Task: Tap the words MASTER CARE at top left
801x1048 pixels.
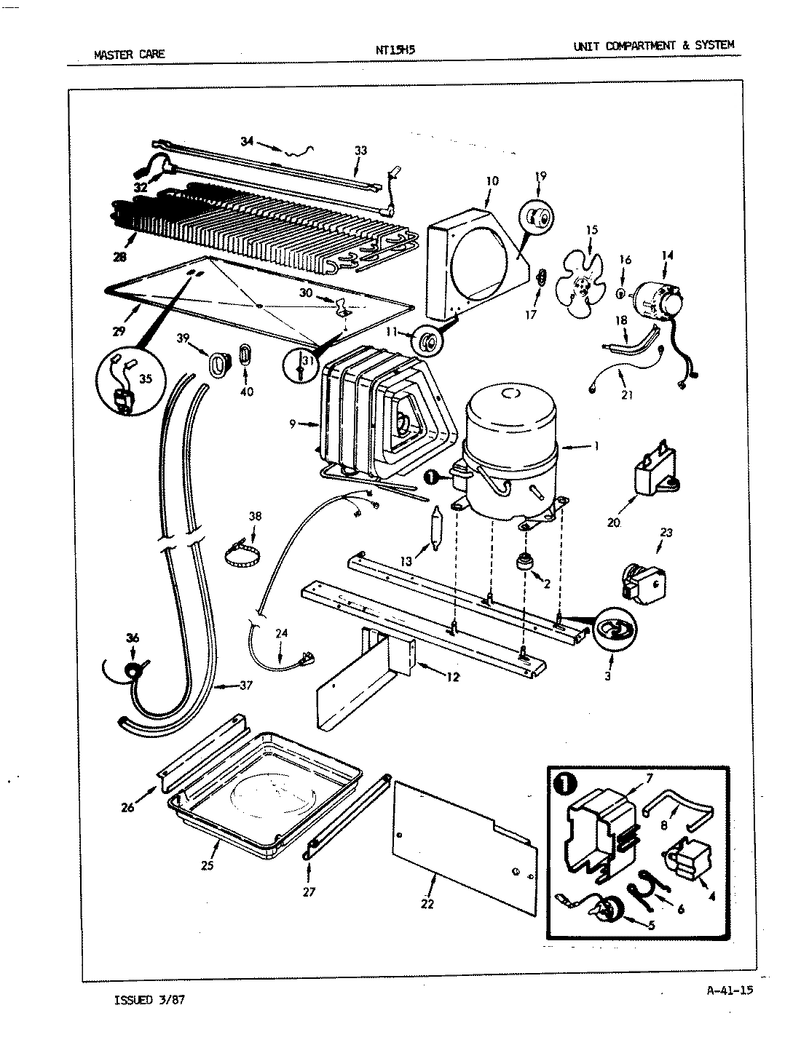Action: (130, 53)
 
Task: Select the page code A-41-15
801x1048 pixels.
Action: (729, 989)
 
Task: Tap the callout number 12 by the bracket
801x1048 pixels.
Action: (452, 677)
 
